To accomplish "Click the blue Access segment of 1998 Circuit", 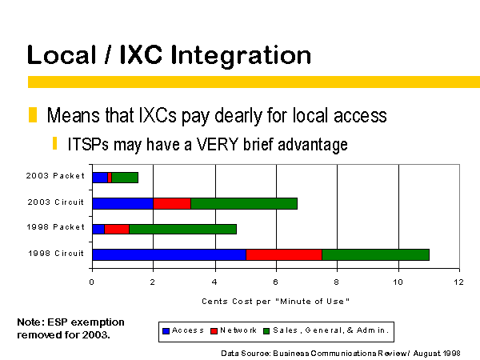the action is (170, 254).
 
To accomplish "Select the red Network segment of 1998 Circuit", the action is (284, 254).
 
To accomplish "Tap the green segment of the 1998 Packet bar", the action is (182, 229).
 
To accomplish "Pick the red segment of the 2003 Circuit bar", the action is (172, 203).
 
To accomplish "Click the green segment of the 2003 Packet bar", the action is (125, 178).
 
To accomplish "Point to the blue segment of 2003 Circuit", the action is (122, 203).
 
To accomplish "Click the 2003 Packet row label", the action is (55, 176).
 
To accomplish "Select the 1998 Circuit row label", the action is (56, 254).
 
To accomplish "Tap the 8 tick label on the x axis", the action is (337, 282).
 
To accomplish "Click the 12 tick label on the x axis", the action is (458, 282).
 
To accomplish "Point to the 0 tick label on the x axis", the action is (91, 282).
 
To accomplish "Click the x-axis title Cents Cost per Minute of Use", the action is (275, 302).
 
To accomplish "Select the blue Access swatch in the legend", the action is (166, 331).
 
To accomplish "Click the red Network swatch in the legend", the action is (214, 331).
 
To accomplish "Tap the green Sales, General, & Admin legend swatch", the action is (266, 331).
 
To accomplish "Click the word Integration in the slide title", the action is (241, 56).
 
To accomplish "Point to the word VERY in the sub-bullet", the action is (217, 144).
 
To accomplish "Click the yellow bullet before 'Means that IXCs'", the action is (33, 114).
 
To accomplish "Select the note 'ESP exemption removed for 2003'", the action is (70, 329).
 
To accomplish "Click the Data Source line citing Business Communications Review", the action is (341, 354).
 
